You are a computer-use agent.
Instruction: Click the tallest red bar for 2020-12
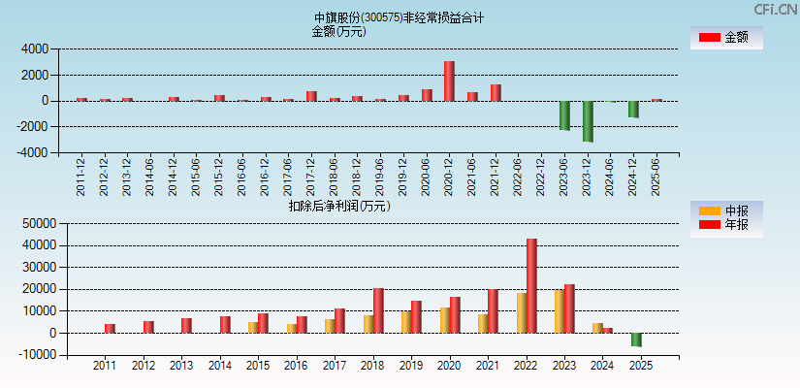tap(449, 81)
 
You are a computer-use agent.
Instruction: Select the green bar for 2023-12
tap(588, 121)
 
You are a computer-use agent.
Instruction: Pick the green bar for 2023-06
tap(564, 115)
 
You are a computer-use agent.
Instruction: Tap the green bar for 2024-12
tap(633, 109)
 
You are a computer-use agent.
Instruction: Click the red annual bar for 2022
tap(531, 285)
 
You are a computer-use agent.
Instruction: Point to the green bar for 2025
tap(636, 339)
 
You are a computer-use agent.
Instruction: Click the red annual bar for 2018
tap(378, 310)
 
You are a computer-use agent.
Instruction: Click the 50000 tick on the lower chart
tap(31, 223)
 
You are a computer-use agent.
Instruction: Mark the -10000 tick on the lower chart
tap(29, 355)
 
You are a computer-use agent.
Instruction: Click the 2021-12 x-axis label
tap(496, 176)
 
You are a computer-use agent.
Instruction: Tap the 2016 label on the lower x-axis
tap(295, 367)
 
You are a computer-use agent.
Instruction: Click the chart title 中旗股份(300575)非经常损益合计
tap(399, 17)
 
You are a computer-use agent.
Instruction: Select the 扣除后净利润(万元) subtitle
tap(338, 206)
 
